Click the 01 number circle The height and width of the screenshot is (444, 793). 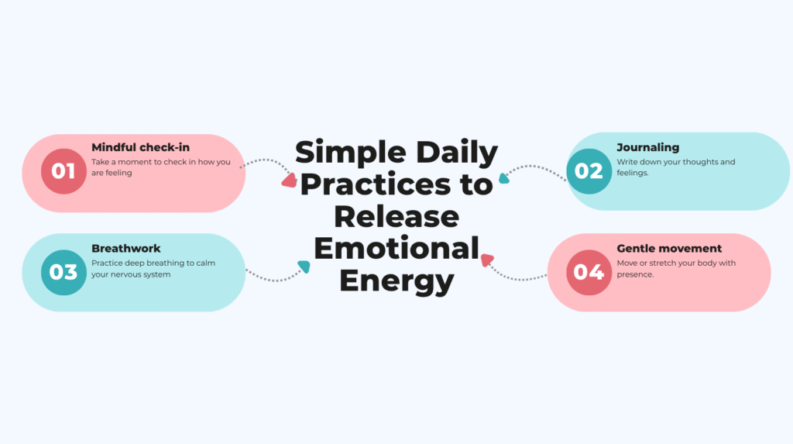pos(64,171)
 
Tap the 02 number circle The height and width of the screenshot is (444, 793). pos(589,171)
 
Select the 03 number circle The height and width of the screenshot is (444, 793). pos(64,273)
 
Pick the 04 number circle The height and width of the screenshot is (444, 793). pos(589,273)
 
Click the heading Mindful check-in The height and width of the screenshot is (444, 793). pos(140,147)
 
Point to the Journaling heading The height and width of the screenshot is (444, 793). pos(647,147)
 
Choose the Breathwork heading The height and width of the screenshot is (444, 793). pos(126,249)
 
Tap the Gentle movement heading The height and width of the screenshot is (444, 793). pos(669,249)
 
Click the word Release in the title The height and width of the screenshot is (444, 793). pos(396,217)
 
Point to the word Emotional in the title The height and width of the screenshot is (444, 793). pos(396,249)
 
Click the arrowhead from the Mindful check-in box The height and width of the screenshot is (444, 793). pos(289,181)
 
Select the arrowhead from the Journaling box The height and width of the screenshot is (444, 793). pos(504,177)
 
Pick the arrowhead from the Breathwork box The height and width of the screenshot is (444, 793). pos(304,267)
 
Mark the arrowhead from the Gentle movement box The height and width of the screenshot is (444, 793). pos(487,260)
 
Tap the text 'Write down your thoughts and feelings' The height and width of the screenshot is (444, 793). pos(675,167)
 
